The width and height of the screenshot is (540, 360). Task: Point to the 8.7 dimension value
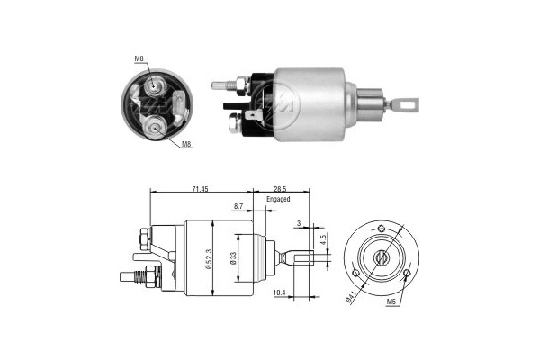tap(238, 207)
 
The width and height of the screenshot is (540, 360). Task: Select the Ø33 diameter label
tap(236, 260)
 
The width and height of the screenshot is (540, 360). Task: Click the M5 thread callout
tap(393, 302)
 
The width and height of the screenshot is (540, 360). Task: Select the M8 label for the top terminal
tap(139, 59)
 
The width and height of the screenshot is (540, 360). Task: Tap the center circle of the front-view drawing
tap(382, 258)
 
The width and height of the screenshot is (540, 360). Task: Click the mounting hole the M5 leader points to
tap(408, 272)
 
